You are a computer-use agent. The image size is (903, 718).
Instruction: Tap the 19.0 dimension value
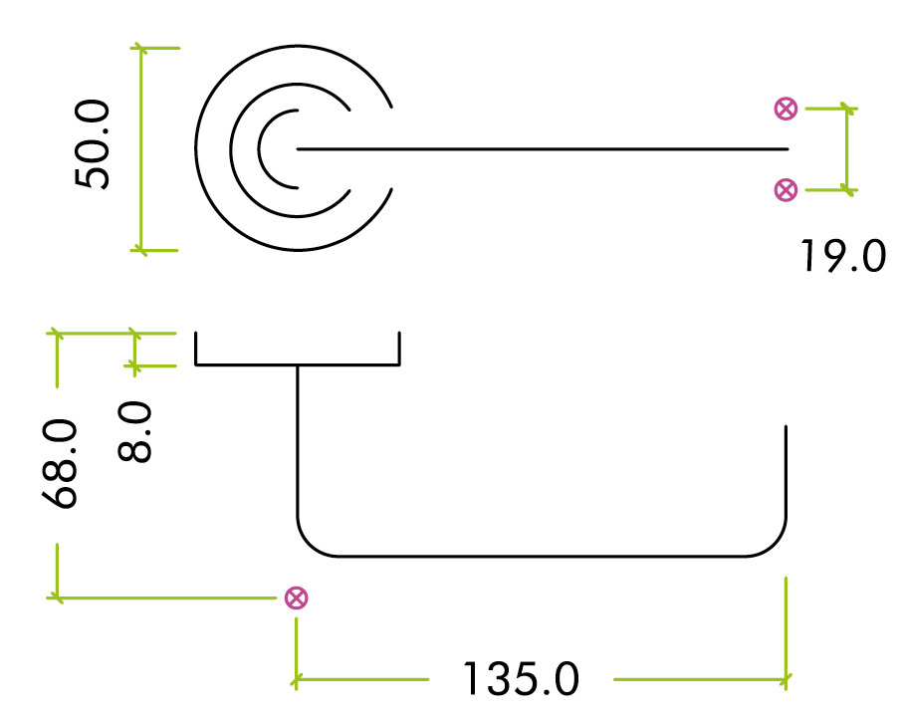click(x=842, y=257)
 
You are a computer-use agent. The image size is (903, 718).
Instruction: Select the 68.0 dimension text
click(x=62, y=464)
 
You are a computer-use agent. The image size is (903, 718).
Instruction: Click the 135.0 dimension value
click(x=520, y=680)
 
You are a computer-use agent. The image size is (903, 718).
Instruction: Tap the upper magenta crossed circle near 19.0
click(x=786, y=110)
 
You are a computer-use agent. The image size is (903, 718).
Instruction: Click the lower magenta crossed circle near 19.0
click(x=786, y=189)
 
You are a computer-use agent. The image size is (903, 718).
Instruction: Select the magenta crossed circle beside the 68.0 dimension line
click(x=296, y=598)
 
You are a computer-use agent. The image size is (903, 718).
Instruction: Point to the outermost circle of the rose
click(x=197, y=149)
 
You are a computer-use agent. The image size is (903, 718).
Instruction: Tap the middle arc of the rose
click(x=232, y=149)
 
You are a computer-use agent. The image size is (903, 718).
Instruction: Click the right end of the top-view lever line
click(x=787, y=149)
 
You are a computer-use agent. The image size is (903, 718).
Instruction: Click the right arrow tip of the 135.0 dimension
click(x=787, y=680)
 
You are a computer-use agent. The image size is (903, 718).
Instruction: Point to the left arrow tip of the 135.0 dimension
click(x=296, y=680)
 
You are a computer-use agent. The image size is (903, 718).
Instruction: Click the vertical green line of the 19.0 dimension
click(x=847, y=149)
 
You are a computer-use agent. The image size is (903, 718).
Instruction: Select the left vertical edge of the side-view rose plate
click(x=196, y=349)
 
